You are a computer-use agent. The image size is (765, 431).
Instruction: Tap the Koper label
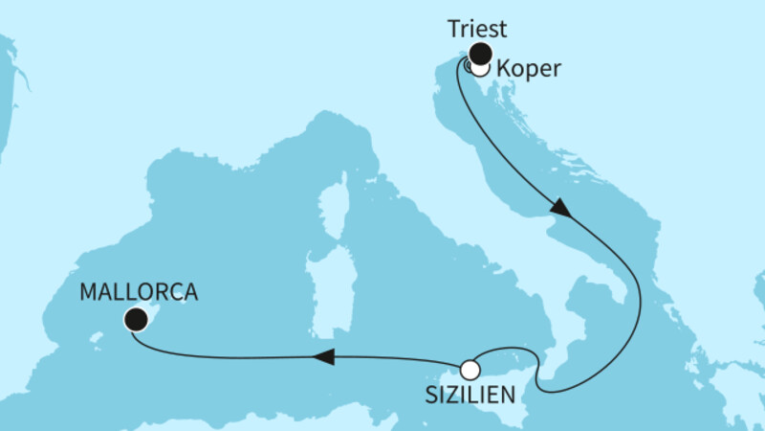click(529, 69)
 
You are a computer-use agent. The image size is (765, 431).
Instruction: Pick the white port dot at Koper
click(480, 68)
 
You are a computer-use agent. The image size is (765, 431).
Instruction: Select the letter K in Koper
click(505, 69)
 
